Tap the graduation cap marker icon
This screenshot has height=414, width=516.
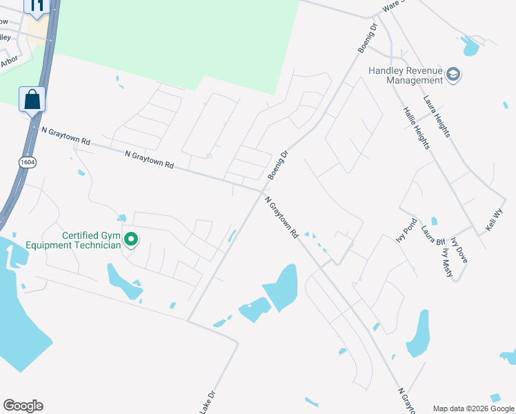coord(453,74)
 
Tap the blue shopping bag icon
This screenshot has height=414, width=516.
coord(32,99)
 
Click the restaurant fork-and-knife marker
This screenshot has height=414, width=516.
coord(37,6)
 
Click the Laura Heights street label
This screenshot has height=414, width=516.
coord(437,116)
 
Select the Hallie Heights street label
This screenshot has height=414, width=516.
coord(417,128)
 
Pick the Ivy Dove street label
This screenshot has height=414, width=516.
coord(459,250)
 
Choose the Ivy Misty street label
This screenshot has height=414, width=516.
coord(447,263)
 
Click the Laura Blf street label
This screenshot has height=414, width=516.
coord(433,237)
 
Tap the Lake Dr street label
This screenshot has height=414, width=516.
coord(208,402)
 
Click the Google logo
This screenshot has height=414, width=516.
coord(23,406)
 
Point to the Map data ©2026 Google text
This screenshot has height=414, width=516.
coord(474,408)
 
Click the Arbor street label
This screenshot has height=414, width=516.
coord(9,62)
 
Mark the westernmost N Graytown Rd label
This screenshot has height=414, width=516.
coord(66,135)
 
